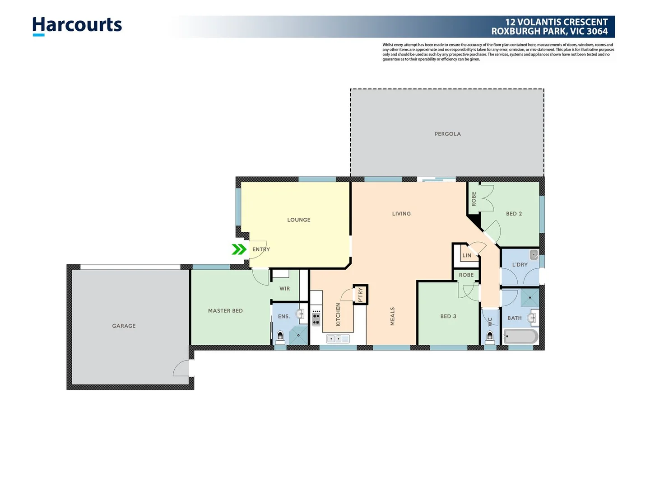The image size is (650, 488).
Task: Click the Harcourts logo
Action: [77, 26]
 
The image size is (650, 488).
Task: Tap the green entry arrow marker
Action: [239, 249]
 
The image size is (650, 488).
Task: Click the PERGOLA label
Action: [447, 134]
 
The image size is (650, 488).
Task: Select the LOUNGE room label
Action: [298, 220]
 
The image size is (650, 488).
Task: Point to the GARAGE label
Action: [124, 326]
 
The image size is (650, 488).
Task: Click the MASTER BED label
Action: [225, 311]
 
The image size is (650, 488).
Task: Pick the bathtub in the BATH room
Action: [520, 337]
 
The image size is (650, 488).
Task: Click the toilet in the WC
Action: [490, 336]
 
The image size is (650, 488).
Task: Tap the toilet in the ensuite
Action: [280, 336]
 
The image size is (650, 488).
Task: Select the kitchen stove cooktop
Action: [316, 318]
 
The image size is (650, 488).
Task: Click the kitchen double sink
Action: [338, 338]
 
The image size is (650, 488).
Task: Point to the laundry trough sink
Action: [534, 255]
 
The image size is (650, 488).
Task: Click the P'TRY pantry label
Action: [360, 295]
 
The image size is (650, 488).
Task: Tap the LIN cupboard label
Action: [467, 256]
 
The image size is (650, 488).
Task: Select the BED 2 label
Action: [514, 214]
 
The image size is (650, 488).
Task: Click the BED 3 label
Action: [448, 316]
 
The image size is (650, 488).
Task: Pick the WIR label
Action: [284, 289]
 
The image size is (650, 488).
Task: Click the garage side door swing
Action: [182, 369]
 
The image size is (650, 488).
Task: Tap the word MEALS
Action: [392, 316]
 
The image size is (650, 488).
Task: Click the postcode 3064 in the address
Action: [597, 32]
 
